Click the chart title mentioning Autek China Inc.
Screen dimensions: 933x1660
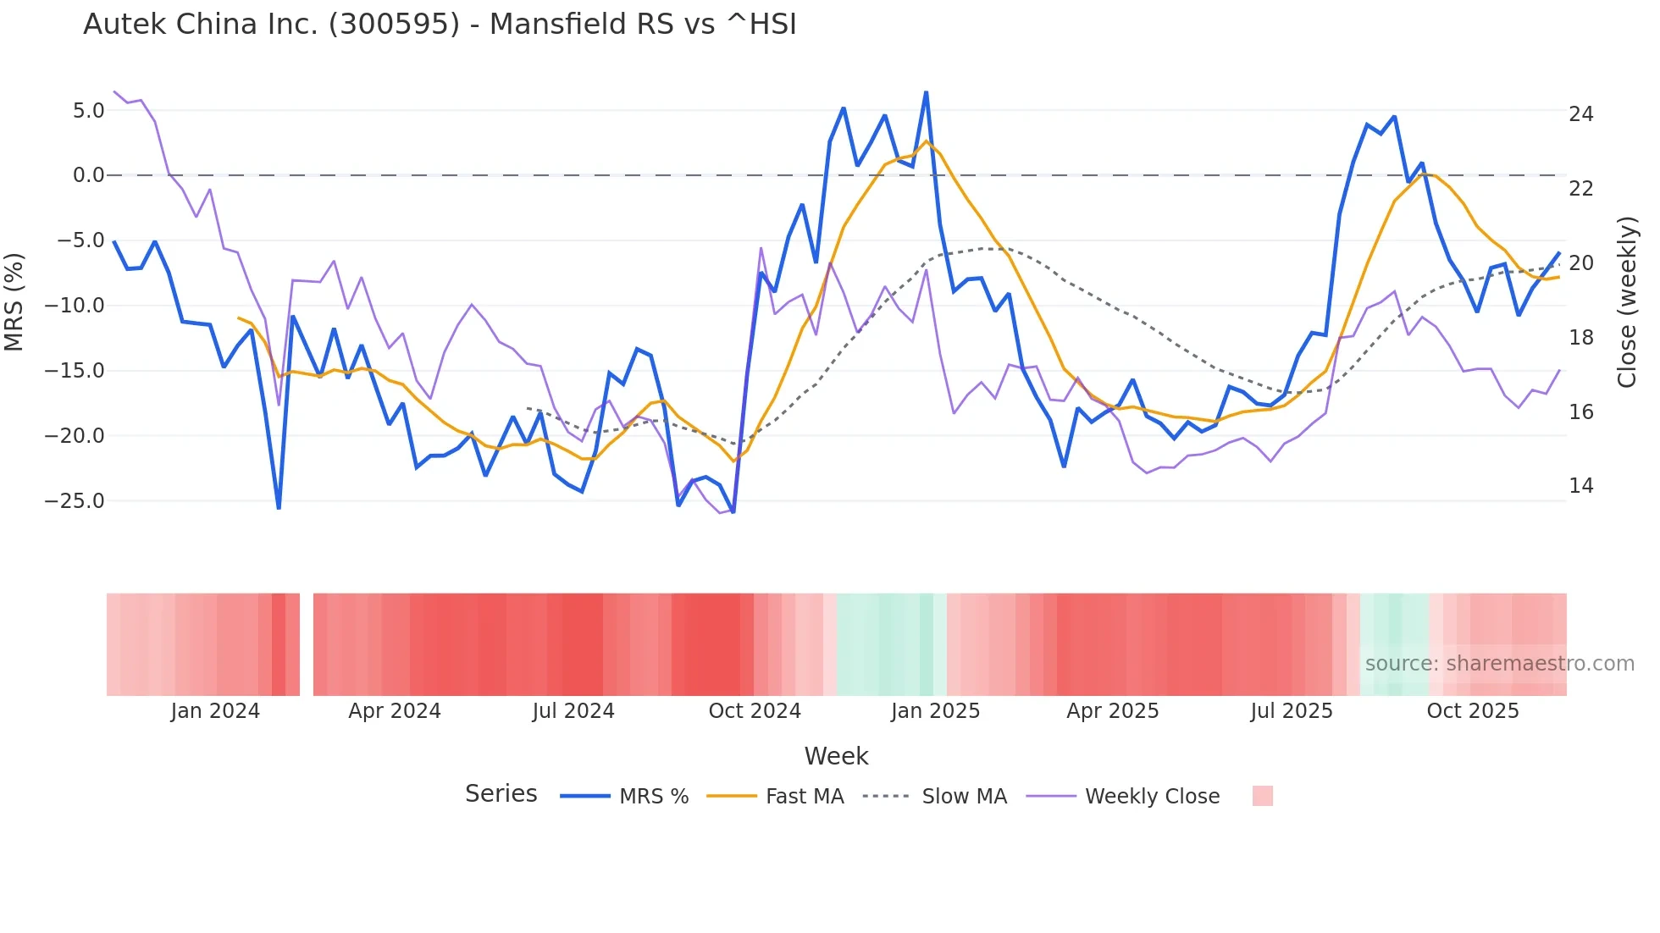(440, 25)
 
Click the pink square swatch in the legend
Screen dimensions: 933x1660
(1262, 796)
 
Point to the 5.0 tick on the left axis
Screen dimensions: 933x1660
(88, 111)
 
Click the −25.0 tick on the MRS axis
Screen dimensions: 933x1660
(75, 501)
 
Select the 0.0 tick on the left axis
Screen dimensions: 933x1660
(88, 175)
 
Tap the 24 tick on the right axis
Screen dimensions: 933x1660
(1580, 114)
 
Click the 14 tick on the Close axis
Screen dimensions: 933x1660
(1580, 486)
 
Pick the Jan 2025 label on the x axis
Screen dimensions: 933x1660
(935, 711)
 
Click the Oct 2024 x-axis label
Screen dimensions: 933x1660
(755, 711)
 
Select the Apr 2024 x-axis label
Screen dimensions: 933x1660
(395, 711)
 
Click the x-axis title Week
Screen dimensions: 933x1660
(836, 756)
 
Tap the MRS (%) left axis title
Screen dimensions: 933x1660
(14, 302)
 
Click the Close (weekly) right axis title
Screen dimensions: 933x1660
(1627, 302)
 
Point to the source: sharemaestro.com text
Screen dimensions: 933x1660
(1499, 664)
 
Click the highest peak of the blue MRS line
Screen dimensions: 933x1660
(926, 92)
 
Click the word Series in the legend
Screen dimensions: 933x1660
(501, 794)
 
